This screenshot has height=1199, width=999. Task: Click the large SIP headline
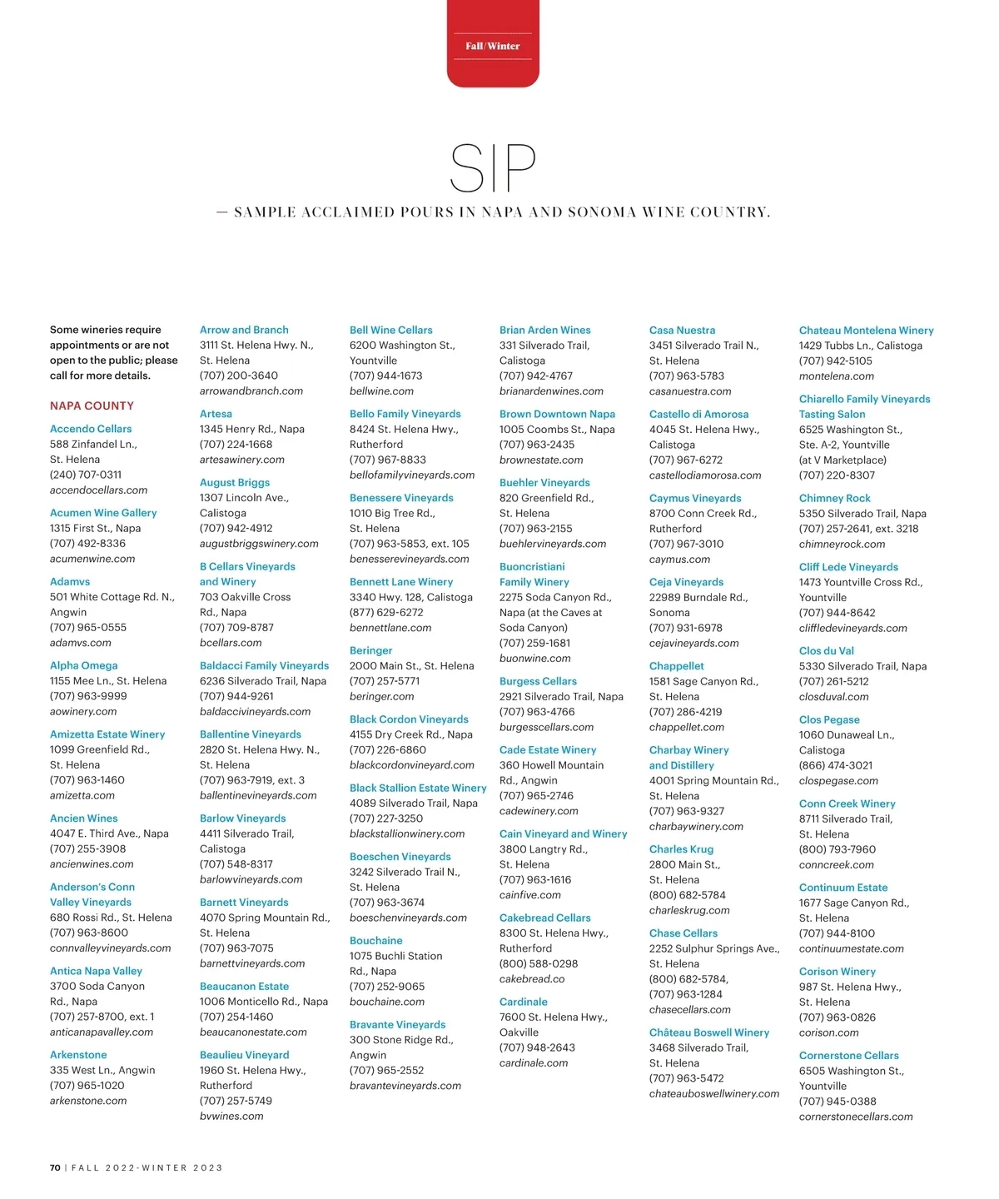tap(492, 168)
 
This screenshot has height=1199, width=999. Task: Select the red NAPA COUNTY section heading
tap(92, 405)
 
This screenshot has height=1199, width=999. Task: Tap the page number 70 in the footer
tap(55, 1167)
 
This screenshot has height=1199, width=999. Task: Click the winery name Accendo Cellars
tap(91, 429)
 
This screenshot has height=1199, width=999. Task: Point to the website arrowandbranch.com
tap(251, 391)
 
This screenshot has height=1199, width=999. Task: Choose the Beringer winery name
tap(370, 650)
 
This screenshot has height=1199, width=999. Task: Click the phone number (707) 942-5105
tap(836, 361)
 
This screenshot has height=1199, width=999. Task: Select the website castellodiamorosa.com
tap(705, 475)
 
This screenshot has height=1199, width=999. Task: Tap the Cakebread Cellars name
tap(545, 918)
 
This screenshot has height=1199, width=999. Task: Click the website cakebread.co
tap(532, 979)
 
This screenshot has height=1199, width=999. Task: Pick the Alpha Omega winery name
tap(83, 665)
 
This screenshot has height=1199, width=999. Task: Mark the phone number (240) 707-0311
tap(86, 475)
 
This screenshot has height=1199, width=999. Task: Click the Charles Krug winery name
tap(681, 849)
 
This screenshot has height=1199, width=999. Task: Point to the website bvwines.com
tap(231, 1116)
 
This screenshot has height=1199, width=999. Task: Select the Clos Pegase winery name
tap(829, 719)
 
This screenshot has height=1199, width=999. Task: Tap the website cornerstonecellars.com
tap(856, 1117)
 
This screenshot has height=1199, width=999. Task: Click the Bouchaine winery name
tap(376, 940)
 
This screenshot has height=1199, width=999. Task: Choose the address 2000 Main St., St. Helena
tap(411, 665)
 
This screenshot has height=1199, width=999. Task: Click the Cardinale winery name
tap(524, 1002)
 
